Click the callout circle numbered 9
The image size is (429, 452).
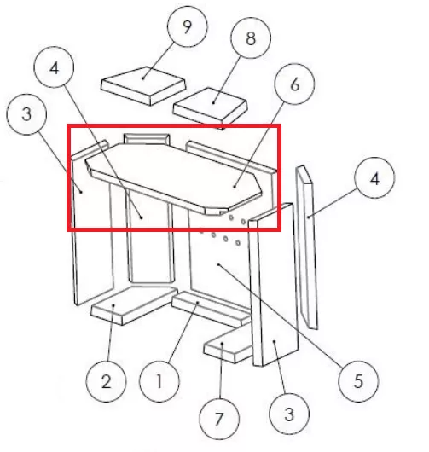tap(188, 26)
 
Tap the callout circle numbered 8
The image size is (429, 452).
tap(251, 38)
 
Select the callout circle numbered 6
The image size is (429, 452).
tap(294, 84)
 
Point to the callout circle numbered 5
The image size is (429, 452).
tap(358, 381)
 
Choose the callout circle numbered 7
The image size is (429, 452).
tap(219, 419)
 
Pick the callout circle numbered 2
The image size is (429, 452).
tap(106, 381)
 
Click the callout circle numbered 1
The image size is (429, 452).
tap(159, 381)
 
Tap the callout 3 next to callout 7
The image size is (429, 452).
tap(289, 414)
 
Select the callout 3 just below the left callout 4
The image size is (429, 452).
tap(26, 114)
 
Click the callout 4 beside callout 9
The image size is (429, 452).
tap(54, 67)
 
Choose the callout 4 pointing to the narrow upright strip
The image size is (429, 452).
tap(374, 178)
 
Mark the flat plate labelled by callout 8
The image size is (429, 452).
tap(211, 107)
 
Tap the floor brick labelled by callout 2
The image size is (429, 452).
tap(134, 304)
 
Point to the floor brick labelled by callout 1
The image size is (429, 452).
tap(212, 309)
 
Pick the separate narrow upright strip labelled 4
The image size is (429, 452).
tap(307, 247)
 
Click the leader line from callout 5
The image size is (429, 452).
tap(281, 316)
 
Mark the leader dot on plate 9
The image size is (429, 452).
tap(143, 78)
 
